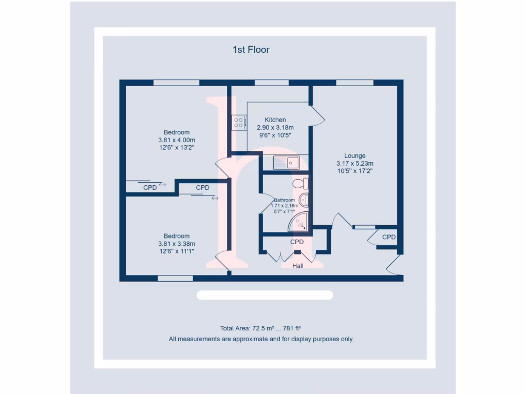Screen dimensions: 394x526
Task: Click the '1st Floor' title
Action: tap(251, 50)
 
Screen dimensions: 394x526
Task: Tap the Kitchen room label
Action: tap(275, 120)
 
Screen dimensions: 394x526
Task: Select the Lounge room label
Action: tap(354, 156)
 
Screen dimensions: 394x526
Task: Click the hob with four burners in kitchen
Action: tap(239, 123)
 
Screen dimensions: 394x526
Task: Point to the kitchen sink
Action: tap(286, 163)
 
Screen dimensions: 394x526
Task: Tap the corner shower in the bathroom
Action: tap(300, 222)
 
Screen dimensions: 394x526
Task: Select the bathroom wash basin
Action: tap(304, 200)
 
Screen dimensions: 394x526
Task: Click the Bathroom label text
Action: tap(284, 200)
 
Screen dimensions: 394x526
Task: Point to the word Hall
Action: tap(298, 266)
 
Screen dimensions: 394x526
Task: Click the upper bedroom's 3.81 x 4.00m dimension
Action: tap(177, 140)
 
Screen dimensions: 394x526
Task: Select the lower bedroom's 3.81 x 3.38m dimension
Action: tap(177, 244)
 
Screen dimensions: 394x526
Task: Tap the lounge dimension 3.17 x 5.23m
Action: tap(354, 164)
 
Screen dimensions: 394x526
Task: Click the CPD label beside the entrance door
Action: tap(389, 237)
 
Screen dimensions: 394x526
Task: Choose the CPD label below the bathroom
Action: tap(297, 242)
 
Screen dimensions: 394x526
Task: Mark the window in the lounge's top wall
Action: tap(354, 83)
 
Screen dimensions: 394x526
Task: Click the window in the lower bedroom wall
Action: tap(175, 279)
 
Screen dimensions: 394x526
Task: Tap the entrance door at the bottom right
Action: tap(393, 265)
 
